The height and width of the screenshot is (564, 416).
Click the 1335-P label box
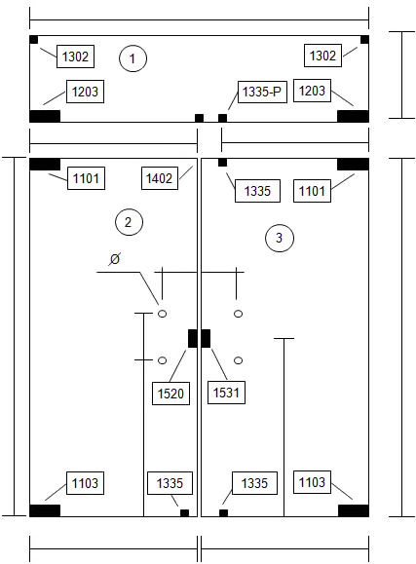coord(262,92)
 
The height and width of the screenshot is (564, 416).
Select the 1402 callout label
coord(160,178)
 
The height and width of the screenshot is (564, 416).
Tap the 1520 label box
coord(170,394)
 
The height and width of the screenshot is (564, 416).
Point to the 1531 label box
coord(226,393)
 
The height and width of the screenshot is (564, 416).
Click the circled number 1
coord(132,58)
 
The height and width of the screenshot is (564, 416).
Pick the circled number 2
coord(129,222)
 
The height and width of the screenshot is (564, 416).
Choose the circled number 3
coord(280,238)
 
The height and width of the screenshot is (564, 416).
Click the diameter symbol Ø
coord(114,258)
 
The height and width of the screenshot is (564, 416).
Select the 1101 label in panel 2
coord(86,178)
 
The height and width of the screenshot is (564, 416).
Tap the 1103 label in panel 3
coord(312,482)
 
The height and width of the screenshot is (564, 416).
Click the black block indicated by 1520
coord(193,338)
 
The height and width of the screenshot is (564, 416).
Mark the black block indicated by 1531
coord(206,338)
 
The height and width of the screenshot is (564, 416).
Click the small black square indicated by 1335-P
coord(223,118)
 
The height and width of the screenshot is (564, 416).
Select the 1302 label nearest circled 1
coord(75,56)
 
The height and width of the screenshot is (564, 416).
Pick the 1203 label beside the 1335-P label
coord(312,91)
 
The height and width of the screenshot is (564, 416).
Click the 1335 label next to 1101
coord(257,191)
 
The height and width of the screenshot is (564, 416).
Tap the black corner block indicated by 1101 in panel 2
coord(45,165)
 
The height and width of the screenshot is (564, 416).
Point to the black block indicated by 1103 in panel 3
coord(354,510)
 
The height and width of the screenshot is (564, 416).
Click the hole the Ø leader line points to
coord(163,314)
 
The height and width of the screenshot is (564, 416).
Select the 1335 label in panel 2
coord(170,483)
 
